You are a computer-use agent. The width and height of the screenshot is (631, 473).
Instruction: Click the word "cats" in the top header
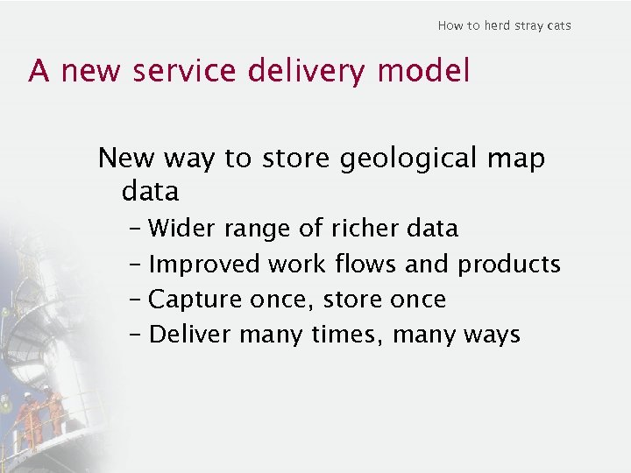click(x=558, y=25)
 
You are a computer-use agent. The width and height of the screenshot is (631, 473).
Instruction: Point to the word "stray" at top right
click(x=529, y=25)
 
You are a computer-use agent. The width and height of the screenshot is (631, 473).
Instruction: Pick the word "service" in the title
click(x=185, y=71)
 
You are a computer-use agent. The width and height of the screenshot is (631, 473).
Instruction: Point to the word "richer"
click(x=365, y=229)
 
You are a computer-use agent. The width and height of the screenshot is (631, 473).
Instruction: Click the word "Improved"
click(x=205, y=264)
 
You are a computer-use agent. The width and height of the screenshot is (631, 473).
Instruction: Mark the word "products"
click(x=509, y=264)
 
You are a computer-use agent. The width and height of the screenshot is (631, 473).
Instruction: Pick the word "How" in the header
click(x=450, y=25)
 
